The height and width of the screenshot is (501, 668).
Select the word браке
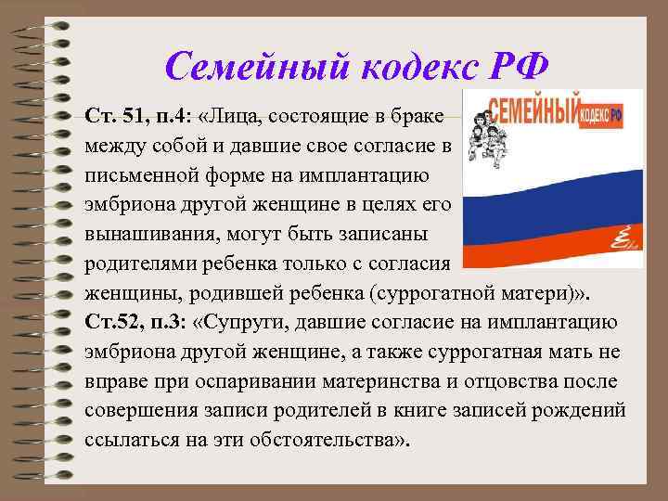[420, 118]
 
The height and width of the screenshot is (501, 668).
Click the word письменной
[141, 175]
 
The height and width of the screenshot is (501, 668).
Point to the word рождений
[584, 410]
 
